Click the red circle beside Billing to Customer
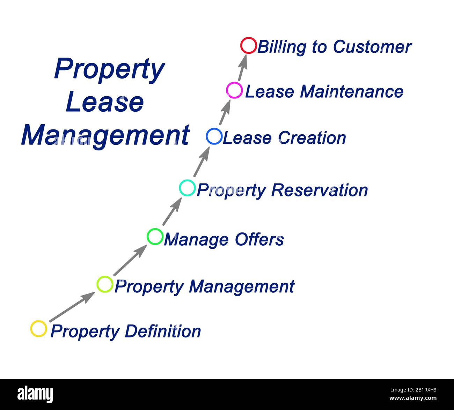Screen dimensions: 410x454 [x=249, y=46]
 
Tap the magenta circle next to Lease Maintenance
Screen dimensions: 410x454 [x=234, y=90]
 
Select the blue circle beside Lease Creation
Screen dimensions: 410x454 [x=214, y=136]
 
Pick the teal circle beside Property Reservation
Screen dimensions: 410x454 [x=187, y=188]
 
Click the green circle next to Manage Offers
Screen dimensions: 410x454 [x=155, y=237]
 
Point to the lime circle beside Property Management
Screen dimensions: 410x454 [x=105, y=284]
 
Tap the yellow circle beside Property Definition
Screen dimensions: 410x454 [x=38, y=329]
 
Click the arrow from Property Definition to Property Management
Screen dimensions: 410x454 [x=72, y=307]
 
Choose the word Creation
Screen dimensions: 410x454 [x=313, y=138]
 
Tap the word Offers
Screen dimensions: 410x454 [x=259, y=240]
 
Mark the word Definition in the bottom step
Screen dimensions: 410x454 [x=163, y=331]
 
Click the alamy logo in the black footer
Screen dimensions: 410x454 [x=35, y=394]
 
